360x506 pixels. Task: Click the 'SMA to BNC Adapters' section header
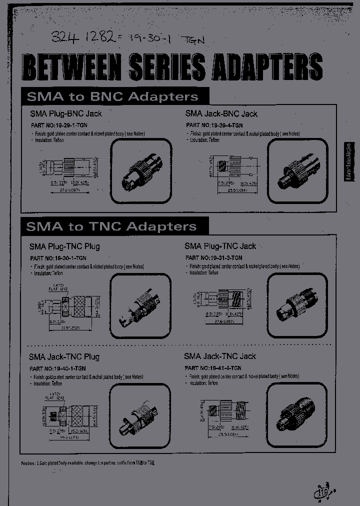(x=112, y=96)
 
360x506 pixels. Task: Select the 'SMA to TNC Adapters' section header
(x=111, y=226)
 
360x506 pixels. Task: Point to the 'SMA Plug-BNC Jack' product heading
(x=65, y=113)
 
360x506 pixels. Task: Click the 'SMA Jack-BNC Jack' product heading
(x=221, y=113)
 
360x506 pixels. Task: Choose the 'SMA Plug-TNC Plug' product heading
(x=64, y=246)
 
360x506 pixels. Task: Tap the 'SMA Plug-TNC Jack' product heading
(x=220, y=246)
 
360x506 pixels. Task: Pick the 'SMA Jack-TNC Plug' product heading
(x=64, y=356)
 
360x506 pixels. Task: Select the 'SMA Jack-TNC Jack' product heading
(x=219, y=356)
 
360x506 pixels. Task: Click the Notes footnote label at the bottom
(x=28, y=463)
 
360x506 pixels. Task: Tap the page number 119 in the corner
(x=322, y=494)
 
